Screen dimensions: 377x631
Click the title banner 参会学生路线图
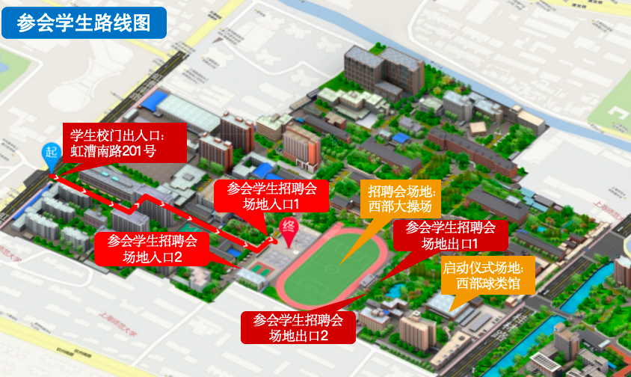83,22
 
